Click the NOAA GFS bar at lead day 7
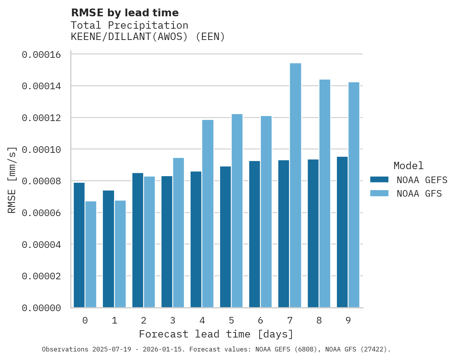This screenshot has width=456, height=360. click(x=295, y=185)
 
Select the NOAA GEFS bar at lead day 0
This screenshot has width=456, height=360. click(x=79, y=245)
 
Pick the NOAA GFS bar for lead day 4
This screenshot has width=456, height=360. click(x=208, y=214)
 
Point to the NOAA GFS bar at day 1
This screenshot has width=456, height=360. click(x=120, y=254)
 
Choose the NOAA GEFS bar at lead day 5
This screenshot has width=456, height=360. click(x=225, y=237)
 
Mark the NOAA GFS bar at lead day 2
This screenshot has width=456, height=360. click(x=149, y=242)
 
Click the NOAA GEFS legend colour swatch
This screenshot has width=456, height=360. click(x=379, y=179)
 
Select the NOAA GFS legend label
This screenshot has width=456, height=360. click(x=419, y=194)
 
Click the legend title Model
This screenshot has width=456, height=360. click(x=408, y=166)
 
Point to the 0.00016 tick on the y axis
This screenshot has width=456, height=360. click(x=41, y=55)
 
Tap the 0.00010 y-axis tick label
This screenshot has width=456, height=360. click(x=41, y=150)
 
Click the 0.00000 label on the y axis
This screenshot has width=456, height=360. click(x=41, y=308)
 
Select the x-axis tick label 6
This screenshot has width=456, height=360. click(x=260, y=320)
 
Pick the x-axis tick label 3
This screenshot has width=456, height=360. click(x=173, y=320)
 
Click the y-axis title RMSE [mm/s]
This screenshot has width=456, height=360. click(x=12, y=180)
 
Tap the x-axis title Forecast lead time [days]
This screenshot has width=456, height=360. click(x=216, y=334)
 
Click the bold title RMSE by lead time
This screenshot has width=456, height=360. click(x=125, y=13)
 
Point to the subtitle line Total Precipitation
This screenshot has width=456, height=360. click(x=130, y=25)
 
